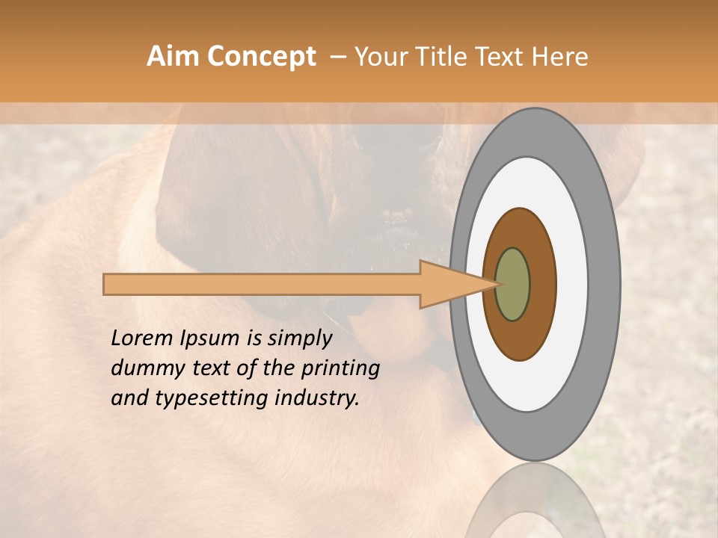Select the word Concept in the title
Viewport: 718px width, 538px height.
click(262, 57)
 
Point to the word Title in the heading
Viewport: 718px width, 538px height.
click(444, 57)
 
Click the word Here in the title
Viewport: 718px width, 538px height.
click(559, 57)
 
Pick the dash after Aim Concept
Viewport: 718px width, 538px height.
click(337, 57)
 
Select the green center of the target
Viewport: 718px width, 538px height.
click(513, 284)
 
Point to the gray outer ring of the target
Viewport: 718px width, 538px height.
click(607, 284)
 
